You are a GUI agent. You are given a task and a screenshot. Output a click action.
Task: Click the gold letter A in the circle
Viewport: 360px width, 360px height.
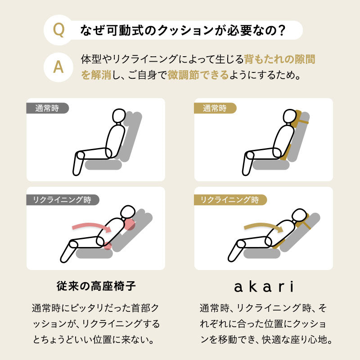pyautogui.click(x=58, y=67)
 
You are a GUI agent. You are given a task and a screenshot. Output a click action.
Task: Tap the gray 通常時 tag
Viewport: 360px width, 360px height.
pyautogui.click(x=47, y=108)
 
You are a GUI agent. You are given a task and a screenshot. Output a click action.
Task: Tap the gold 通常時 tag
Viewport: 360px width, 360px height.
pyautogui.click(x=215, y=108)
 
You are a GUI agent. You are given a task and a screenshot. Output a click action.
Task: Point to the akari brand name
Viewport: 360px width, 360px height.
pyautogui.click(x=263, y=286)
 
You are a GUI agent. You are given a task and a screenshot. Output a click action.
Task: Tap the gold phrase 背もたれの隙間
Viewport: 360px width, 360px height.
pyautogui.click(x=279, y=59)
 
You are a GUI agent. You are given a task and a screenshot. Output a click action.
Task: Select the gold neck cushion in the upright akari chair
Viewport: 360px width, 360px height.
pyautogui.click(x=300, y=120)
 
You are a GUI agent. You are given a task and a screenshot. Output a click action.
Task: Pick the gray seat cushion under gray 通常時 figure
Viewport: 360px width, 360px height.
pyautogui.click(x=103, y=165)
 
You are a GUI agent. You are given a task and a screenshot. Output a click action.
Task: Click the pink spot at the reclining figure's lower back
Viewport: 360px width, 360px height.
pyautogui.click(x=108, y=246)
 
